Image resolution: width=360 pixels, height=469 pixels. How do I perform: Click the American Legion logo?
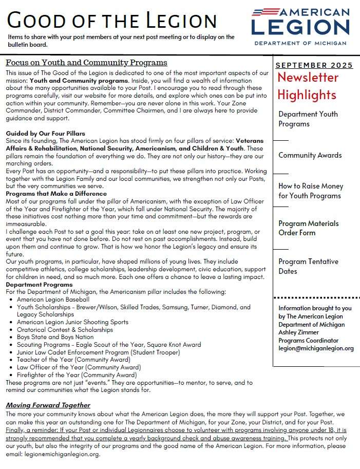pos(300,22)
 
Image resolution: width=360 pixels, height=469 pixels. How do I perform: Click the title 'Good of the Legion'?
pos(112,20)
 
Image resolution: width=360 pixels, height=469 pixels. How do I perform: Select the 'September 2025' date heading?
pos(314,65)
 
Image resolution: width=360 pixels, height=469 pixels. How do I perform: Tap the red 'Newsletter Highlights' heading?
pos(308,86)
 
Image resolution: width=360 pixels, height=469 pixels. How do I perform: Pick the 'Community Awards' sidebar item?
pos(310,155)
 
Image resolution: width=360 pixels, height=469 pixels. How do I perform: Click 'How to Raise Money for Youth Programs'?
pos(311,191)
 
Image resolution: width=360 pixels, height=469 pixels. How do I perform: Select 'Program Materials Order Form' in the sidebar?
pos(308,228)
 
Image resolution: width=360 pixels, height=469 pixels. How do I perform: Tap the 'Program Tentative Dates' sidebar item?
pos(308,266)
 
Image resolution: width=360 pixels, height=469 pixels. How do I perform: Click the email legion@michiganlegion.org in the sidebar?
pos(316,348)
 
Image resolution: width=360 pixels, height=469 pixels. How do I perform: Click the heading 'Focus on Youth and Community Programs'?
pos(86,63)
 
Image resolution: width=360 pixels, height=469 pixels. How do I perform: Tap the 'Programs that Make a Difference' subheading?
pos(56,194)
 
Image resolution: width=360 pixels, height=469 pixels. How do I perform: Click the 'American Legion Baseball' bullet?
pos(53,299)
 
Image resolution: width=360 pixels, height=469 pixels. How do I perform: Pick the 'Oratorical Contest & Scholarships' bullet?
pos(65,330)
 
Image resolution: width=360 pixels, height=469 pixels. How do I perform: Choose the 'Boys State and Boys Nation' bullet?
pos(55,337)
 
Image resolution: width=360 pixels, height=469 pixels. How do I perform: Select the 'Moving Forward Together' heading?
pos(48,405)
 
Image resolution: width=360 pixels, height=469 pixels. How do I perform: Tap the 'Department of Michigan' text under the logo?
pos(300,43)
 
